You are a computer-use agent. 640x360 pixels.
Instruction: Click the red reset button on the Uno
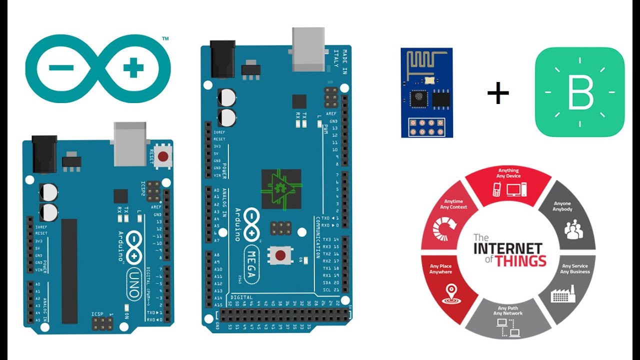pos(162,156)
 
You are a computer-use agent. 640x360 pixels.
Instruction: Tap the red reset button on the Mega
pos(280,255)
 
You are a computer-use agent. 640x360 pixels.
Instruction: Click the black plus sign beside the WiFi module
pos(498,93)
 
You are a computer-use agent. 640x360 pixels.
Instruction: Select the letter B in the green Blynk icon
pos(580,92)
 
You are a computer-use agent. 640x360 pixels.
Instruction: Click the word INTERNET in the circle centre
pos(508,248)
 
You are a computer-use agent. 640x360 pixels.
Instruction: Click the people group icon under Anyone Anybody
pos(573,230)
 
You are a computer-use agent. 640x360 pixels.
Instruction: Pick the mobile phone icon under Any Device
pos(497,189)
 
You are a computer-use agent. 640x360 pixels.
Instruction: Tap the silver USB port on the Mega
pos(308,49)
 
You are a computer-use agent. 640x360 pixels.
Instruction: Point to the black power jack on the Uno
pos(44,154)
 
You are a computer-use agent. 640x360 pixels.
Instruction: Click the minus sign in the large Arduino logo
pos(61,68)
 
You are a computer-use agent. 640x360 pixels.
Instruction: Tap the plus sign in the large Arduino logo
pos(133,68)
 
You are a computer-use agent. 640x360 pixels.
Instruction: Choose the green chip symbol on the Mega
pos(281,189)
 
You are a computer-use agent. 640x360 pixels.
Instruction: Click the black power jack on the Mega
pos(222,59)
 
